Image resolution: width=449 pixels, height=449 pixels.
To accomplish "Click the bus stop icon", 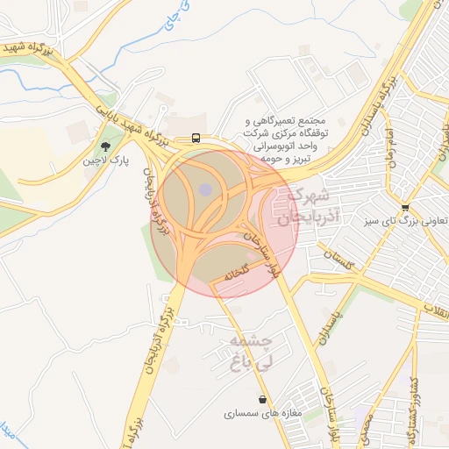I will point(196,138).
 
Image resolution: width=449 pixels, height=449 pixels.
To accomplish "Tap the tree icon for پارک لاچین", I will point(106,146).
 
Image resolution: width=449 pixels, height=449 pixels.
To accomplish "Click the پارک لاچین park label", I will point(106,161).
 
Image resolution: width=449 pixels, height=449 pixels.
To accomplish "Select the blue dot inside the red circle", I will point(205,189).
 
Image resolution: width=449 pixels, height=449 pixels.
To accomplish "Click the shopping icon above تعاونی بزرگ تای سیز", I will point(404,208).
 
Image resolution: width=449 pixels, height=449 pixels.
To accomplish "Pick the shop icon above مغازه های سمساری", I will point(263,399).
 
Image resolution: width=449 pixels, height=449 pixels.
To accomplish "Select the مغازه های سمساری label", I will point(262,413).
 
